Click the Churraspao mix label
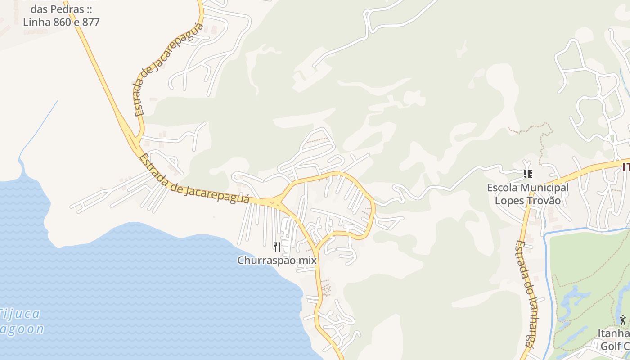coord(277,260)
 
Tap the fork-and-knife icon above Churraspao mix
coord(277,247)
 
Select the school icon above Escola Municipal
coord(527,174)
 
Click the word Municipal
coord(545,187)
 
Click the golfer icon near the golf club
coord(622,320)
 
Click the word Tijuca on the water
coord(20,314)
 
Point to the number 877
coord(91,22)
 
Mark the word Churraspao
coord(266,260)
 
